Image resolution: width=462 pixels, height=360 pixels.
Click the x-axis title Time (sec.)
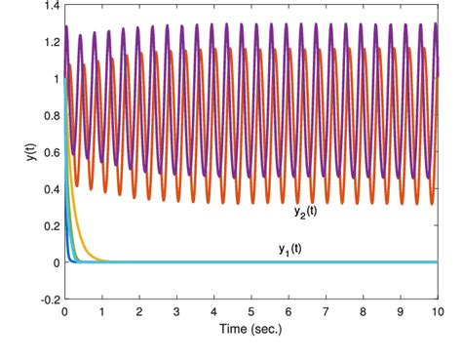250,327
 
